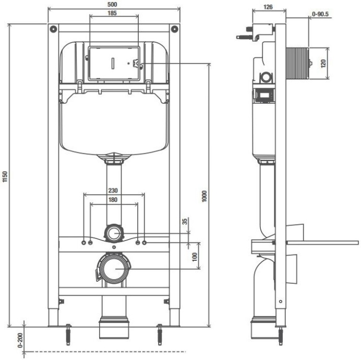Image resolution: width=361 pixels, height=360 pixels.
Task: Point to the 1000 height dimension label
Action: click(205, 196)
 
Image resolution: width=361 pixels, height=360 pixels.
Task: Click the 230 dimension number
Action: click(114, 191)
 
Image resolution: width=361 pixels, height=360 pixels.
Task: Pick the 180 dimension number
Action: click(114, 200)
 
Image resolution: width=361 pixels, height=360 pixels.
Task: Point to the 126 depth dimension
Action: click(269, 7)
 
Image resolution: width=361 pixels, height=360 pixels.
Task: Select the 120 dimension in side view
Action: click(323, 64)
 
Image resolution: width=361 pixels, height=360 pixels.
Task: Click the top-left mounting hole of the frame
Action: click(53, 28)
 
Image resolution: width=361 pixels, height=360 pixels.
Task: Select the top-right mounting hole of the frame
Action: click(175, 28)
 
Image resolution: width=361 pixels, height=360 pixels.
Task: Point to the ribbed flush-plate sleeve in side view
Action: click(298, 64)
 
